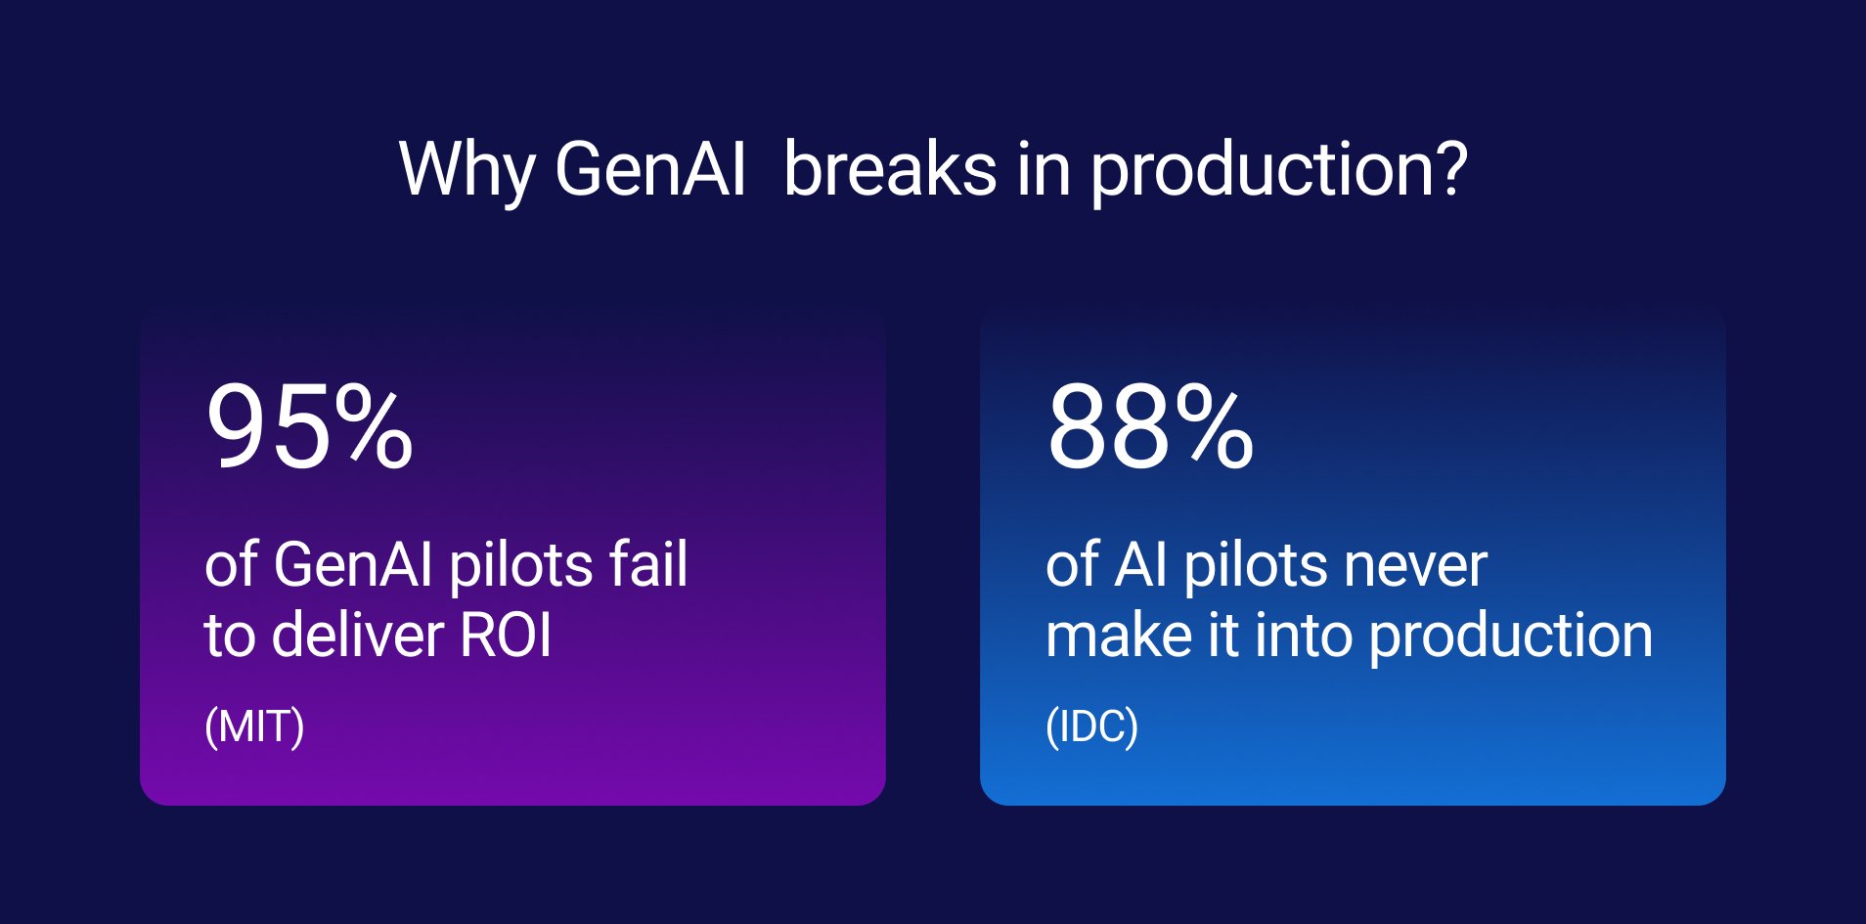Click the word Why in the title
pyautogui.click(x=466, y=170)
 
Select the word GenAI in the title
pyautogui.click(x=650, y=170)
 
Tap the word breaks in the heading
pyautogui.click(x=889, y=170)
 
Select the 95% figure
pyautogui.click(x=309, y=428)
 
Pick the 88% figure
pyautogui.click(x=1149, y=428)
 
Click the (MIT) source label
pyautogui.click(x=254, y=726)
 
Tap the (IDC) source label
pyautogui.click(x=1091, y=726)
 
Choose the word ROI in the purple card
pyautogui.click(x=506, y=636)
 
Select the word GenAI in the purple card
pyautogui.click(x=352, y=565)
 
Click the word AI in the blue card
pyautogui.click(x=1140, y=565)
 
